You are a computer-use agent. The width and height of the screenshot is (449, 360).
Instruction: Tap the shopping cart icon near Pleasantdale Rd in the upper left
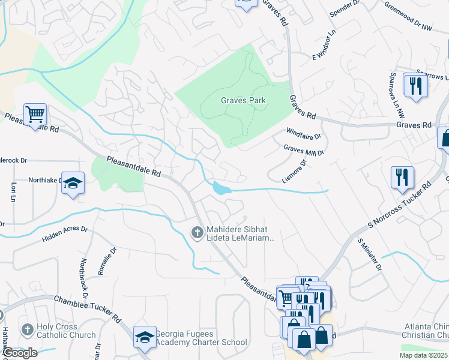[35, 113]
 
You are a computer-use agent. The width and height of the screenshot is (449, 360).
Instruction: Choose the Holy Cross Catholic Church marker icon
[26, 330]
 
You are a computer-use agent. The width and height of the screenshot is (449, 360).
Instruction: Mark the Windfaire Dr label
[303, 133]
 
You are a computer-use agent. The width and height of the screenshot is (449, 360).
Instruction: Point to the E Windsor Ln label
[322, 47]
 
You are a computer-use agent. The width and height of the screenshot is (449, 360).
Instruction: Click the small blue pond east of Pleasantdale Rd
[220, 189]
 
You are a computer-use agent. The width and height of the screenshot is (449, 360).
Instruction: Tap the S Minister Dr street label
[370, 254]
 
